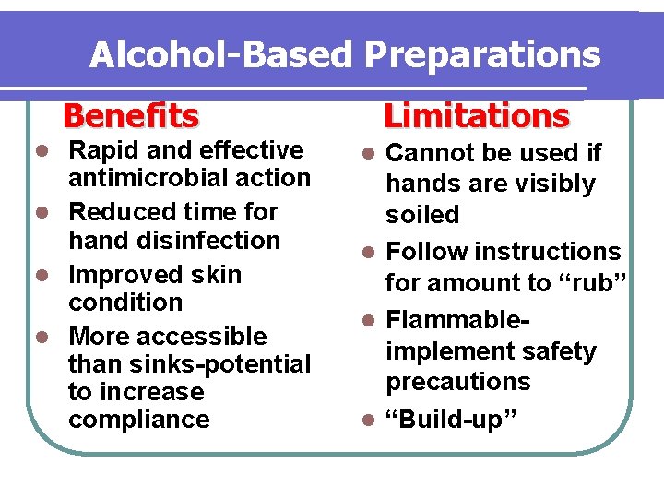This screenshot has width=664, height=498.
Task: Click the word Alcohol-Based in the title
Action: pyautogui.click(x=219, y=55)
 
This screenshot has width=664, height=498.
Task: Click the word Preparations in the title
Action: pyautogui.click(x=482, y=55)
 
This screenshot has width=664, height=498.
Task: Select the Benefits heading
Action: pyautogui.click(x=130, y=116)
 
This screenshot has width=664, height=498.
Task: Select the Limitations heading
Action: pyautogui.click(x=476, y=116)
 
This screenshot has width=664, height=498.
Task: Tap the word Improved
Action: pyautogui.click(x=125, y=275)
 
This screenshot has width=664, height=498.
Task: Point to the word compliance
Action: pyautogui.click(x=139, y=420)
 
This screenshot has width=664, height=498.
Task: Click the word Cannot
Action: pyautogui.click(x=432, y=152)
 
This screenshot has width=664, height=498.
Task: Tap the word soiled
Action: pyautogui.click(x=422, y=214)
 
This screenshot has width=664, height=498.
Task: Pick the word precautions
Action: pyautogui.click(x=458, y=382)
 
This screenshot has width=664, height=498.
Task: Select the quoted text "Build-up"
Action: pyautogui.click(x=452, y=420)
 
